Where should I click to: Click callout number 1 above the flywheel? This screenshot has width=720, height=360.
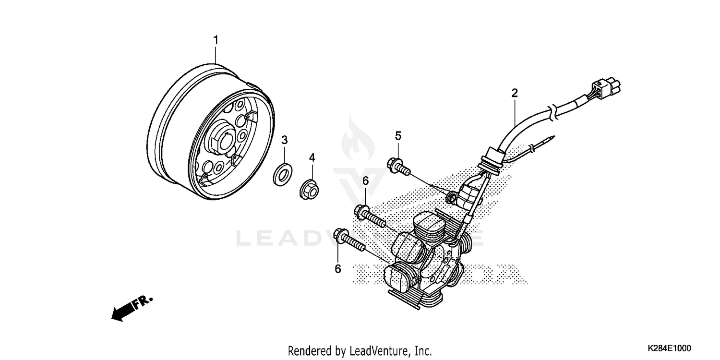(216, 40)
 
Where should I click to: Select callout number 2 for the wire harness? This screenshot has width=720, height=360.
(515, 93)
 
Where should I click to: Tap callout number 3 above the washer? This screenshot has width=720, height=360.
(284, 140)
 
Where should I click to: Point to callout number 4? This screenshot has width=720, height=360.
(312, 157)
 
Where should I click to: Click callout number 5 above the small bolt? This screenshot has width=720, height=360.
(398, 136)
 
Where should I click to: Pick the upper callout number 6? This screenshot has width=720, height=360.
(365, 181)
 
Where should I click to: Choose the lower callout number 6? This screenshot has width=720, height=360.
(338, 269)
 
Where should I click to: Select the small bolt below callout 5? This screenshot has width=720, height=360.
(398, 166)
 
